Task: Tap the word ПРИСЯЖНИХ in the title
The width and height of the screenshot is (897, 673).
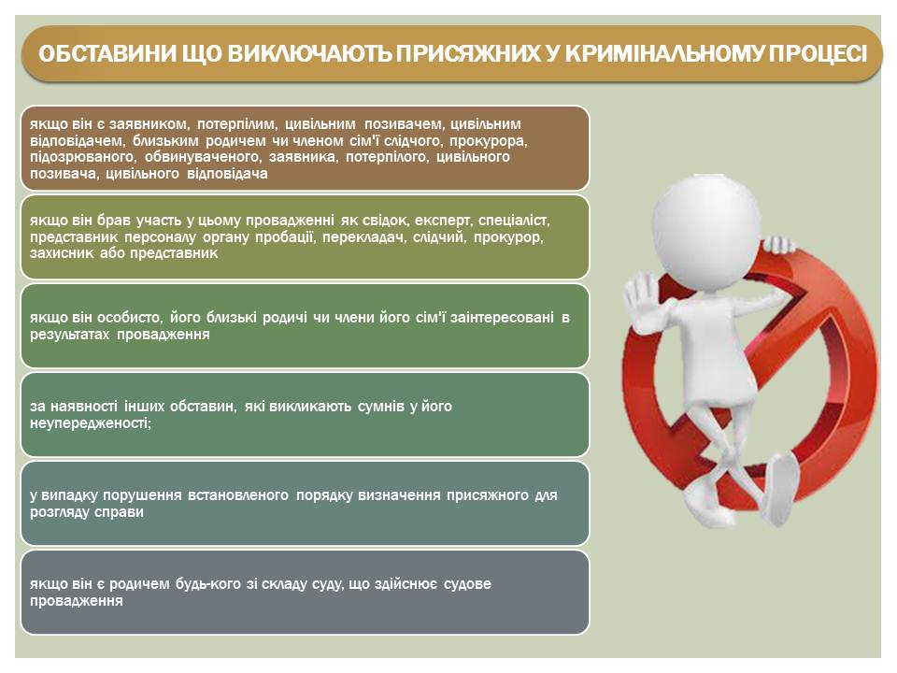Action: coord(468,54)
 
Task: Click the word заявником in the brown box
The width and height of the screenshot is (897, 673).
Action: coord(149,124)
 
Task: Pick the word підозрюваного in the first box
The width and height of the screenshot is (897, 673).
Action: coord(82,157)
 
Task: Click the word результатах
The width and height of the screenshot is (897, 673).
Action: coord(69,335)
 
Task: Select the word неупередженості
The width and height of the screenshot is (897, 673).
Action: coord(91,423)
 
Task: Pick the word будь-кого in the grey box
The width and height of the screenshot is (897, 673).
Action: coord(208,584)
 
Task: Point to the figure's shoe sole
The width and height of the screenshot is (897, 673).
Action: coord(782,488)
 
